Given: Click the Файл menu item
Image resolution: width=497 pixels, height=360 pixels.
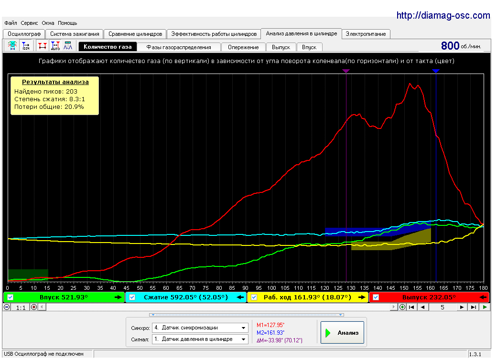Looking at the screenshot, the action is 11,23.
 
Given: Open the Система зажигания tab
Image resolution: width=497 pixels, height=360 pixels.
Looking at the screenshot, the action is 75,34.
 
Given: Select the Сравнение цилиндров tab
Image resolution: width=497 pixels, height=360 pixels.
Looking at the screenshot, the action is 135,34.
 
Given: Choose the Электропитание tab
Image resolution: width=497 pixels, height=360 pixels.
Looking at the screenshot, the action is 366,34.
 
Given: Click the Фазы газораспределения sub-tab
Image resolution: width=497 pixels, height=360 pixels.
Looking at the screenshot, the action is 178,47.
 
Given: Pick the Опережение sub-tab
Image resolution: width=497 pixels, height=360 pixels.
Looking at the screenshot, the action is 243,47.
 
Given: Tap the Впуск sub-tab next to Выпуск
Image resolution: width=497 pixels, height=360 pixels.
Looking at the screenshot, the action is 309,47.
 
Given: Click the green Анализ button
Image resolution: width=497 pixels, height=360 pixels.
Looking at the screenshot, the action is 342,332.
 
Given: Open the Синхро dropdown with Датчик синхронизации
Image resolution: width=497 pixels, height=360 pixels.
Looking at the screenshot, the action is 200,328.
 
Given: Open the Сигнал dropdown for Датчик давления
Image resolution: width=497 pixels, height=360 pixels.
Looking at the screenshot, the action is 200,339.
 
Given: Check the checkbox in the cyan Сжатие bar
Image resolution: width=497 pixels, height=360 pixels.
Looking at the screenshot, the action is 132,297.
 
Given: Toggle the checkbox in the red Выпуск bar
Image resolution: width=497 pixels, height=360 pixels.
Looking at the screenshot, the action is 376,297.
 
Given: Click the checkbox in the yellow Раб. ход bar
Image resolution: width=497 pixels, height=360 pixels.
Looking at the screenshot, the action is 254,297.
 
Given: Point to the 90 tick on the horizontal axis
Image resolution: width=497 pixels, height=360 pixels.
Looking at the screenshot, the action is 245,288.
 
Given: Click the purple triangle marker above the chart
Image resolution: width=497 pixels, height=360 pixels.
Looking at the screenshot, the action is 346,71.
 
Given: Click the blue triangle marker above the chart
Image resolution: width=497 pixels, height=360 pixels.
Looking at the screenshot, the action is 436,71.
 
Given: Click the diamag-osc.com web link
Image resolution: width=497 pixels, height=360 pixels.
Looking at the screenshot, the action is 443,15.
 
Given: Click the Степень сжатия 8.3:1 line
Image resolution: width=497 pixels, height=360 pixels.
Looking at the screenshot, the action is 49,99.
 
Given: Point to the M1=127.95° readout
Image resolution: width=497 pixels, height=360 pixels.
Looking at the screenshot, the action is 270,325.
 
